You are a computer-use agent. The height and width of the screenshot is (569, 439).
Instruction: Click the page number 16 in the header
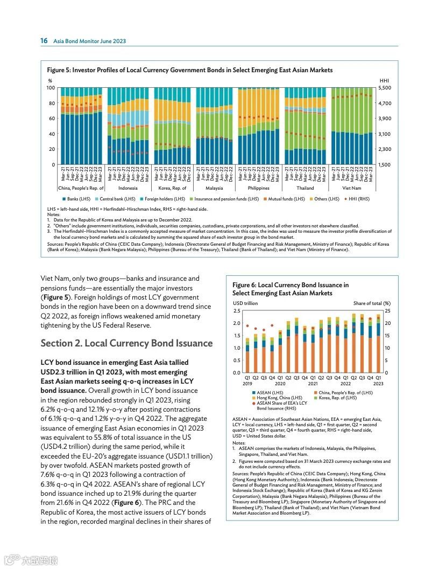coord(44,41)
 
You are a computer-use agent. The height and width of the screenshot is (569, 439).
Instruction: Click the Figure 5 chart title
coord(189,70)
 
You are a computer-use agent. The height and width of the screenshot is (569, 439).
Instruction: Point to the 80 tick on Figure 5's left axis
coord(52,103)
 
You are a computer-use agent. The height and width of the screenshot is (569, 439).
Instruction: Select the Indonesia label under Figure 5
coord(128,188)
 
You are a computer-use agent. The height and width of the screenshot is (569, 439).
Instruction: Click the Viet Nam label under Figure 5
coord(352,188)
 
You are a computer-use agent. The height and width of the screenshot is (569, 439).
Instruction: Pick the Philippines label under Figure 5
coord(259,188)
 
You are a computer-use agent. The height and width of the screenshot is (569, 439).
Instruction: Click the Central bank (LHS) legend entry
coord(117,199)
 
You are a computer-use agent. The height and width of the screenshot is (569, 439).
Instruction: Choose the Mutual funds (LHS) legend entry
coord(285,199)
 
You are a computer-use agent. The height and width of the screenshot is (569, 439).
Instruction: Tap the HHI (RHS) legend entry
coord(357,199)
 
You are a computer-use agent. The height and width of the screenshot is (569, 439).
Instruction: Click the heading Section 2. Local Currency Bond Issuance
coord(126,343)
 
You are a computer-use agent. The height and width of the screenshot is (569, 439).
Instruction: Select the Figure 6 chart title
coord(290,289)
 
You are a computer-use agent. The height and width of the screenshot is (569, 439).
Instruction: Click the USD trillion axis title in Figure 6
coord(245,303)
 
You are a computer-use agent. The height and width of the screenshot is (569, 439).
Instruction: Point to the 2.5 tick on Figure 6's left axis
coord(237,311)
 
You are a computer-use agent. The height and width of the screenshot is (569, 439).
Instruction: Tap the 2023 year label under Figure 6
coord(378,384)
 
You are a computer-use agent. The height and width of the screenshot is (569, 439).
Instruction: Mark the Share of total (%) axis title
coord(372,303)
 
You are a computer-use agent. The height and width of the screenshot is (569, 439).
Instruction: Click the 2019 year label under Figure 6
coord(247,384)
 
